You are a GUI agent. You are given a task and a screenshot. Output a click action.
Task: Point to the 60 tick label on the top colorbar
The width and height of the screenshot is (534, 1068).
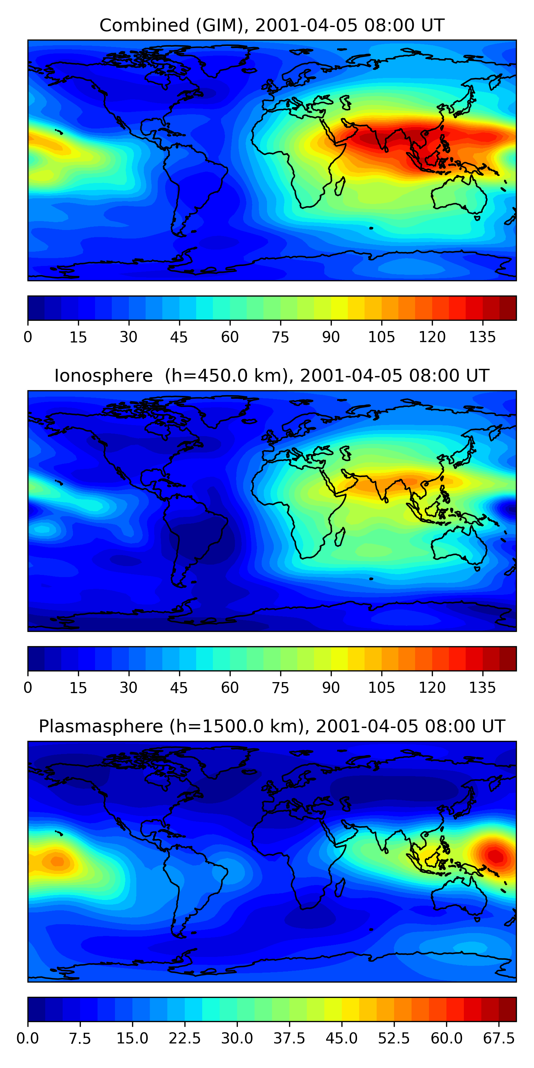click(x=230, y=337)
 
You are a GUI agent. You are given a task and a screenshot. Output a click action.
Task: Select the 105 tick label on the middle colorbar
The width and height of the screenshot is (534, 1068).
click(x=381, y=688)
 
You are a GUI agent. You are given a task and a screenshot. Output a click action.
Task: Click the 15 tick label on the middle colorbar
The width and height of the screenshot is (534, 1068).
click(x=78, y=688)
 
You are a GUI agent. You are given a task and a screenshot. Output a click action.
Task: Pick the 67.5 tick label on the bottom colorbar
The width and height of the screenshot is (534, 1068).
click(x=499, y=1038)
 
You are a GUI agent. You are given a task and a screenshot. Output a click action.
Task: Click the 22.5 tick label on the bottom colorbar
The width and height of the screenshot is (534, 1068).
click(x=184, y=1038)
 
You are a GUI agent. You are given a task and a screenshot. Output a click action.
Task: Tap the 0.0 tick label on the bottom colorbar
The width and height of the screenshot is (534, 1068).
click(x=28, y=1038)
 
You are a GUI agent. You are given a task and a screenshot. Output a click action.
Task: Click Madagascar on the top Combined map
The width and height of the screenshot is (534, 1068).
click(x=339, y=187)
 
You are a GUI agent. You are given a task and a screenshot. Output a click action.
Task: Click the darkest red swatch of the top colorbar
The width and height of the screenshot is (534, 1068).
click(x=508, y=308)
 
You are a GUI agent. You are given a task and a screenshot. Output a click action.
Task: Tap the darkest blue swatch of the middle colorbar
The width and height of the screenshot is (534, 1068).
click(x=36, y=658)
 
